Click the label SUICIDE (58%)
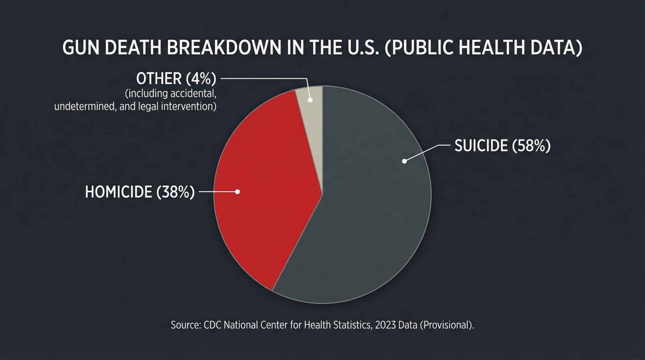pos(502,146)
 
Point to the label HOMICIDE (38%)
pos(139,192)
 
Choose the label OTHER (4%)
pos(176,79)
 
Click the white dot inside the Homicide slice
pos(237,191)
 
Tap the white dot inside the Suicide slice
pos(404,161)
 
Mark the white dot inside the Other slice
pos(310,100)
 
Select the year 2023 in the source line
pos(385,325)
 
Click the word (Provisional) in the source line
pos(447,325)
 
